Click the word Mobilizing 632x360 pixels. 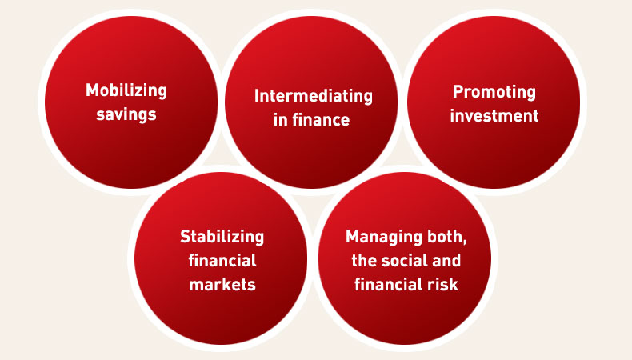point(126,90)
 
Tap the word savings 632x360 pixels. point(126,115)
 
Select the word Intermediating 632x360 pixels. point(313,97)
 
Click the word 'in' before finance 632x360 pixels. point(280,120)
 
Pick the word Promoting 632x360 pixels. point(494,92)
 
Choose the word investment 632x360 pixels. point(494,116)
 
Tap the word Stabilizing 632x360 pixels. point(222,237)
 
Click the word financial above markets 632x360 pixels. point(222,261)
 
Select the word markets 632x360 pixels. point(222,285)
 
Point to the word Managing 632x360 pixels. point(378,237)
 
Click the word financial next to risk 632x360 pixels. point(389,285)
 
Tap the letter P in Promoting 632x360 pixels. point(458,91)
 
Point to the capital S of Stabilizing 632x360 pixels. point(186,236)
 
